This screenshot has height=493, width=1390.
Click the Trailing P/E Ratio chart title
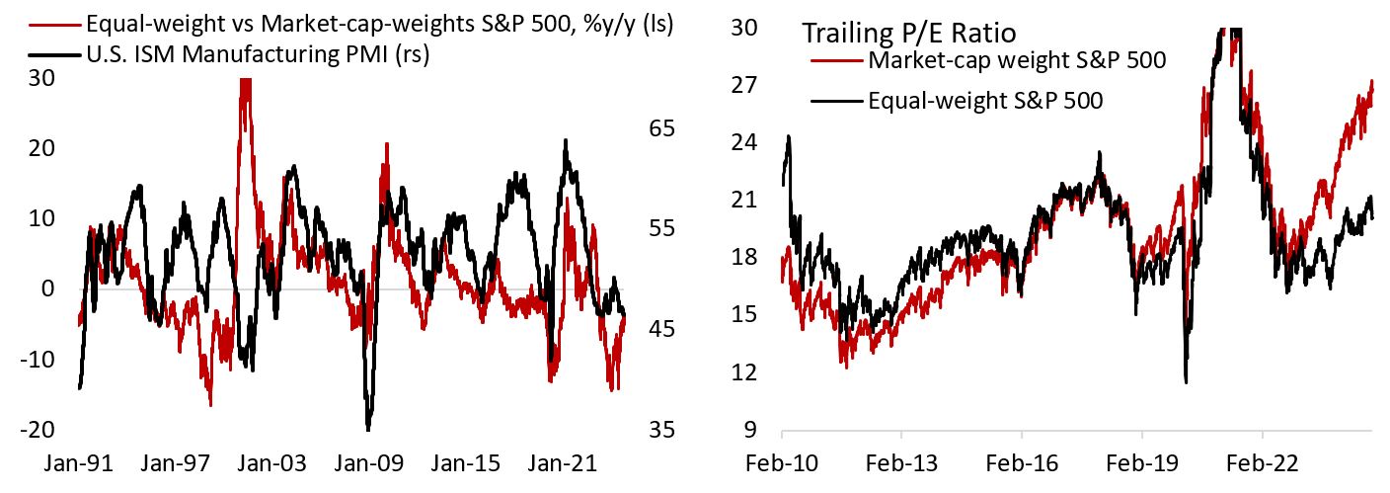pos(908,33)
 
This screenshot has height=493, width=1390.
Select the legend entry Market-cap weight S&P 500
pos(1017,60)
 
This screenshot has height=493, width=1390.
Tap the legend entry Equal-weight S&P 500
pos(985,100)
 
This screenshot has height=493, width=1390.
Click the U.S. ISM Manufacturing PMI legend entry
pos(261,56)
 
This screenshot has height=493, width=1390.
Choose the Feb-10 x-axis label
pos(782,460)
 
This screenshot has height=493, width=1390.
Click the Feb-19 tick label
pos(1142,460)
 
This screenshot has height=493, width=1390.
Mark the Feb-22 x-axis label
pos(1262,460)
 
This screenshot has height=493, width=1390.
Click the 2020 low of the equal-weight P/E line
pos(1186,381)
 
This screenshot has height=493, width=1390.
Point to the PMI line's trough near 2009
pos(368,429)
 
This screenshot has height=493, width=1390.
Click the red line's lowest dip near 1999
pos(210,405)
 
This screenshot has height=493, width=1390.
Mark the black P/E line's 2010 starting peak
pos(788,136)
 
